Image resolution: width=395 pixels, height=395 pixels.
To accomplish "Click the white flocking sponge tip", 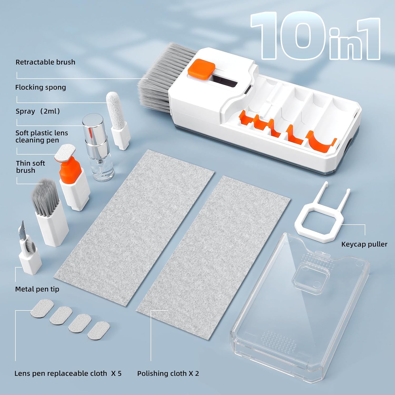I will (113, 108).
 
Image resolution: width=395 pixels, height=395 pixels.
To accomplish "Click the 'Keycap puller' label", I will (364, 244).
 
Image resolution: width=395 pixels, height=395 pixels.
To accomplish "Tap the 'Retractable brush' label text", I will (45, 62).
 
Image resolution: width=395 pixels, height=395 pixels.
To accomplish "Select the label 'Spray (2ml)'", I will (38, 111).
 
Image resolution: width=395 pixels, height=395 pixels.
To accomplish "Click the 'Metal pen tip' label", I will (37, 289).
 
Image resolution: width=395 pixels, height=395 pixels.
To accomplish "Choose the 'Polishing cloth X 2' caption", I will (168, 373).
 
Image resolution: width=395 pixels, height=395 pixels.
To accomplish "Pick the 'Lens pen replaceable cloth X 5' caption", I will (68, 373).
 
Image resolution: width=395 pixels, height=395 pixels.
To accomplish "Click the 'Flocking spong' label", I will (41, 87).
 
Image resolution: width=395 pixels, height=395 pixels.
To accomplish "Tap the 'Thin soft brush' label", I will (30, 167).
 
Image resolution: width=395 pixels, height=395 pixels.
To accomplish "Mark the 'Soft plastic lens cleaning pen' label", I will (42, 136).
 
